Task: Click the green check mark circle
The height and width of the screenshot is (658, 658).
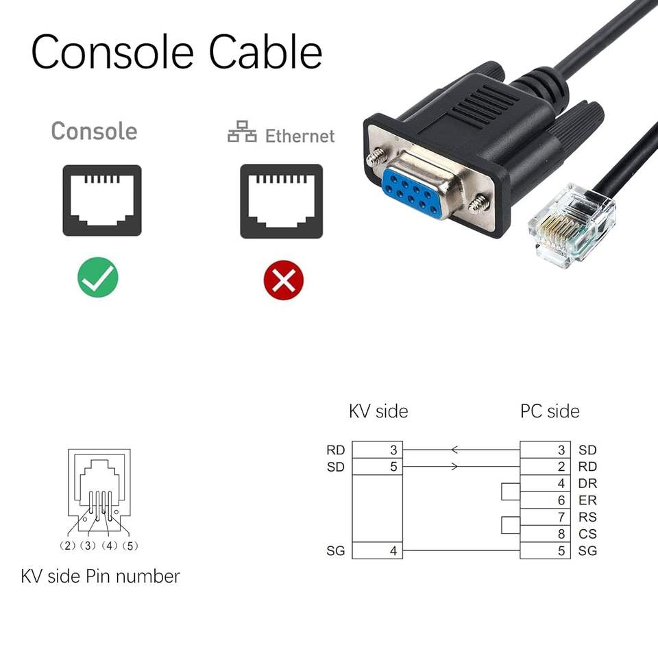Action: pos(97,277)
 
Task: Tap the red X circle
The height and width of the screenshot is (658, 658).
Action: pos(283,280)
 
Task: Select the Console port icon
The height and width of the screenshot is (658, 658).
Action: pos(102,200)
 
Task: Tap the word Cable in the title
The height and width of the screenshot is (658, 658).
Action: pos(265,51)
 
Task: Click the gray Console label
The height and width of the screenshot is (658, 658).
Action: pos(94,131)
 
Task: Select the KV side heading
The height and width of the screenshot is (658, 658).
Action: pos(378,411)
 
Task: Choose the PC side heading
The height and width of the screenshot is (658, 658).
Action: pos(550,411)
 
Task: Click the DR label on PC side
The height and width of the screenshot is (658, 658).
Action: pos(587,483)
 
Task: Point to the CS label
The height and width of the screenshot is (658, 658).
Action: pos(587,534)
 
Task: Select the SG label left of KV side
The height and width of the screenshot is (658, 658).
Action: pos(336,550)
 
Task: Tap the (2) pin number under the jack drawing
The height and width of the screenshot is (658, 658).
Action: pos(69,546)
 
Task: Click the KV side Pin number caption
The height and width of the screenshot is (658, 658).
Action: pos(100,576)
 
